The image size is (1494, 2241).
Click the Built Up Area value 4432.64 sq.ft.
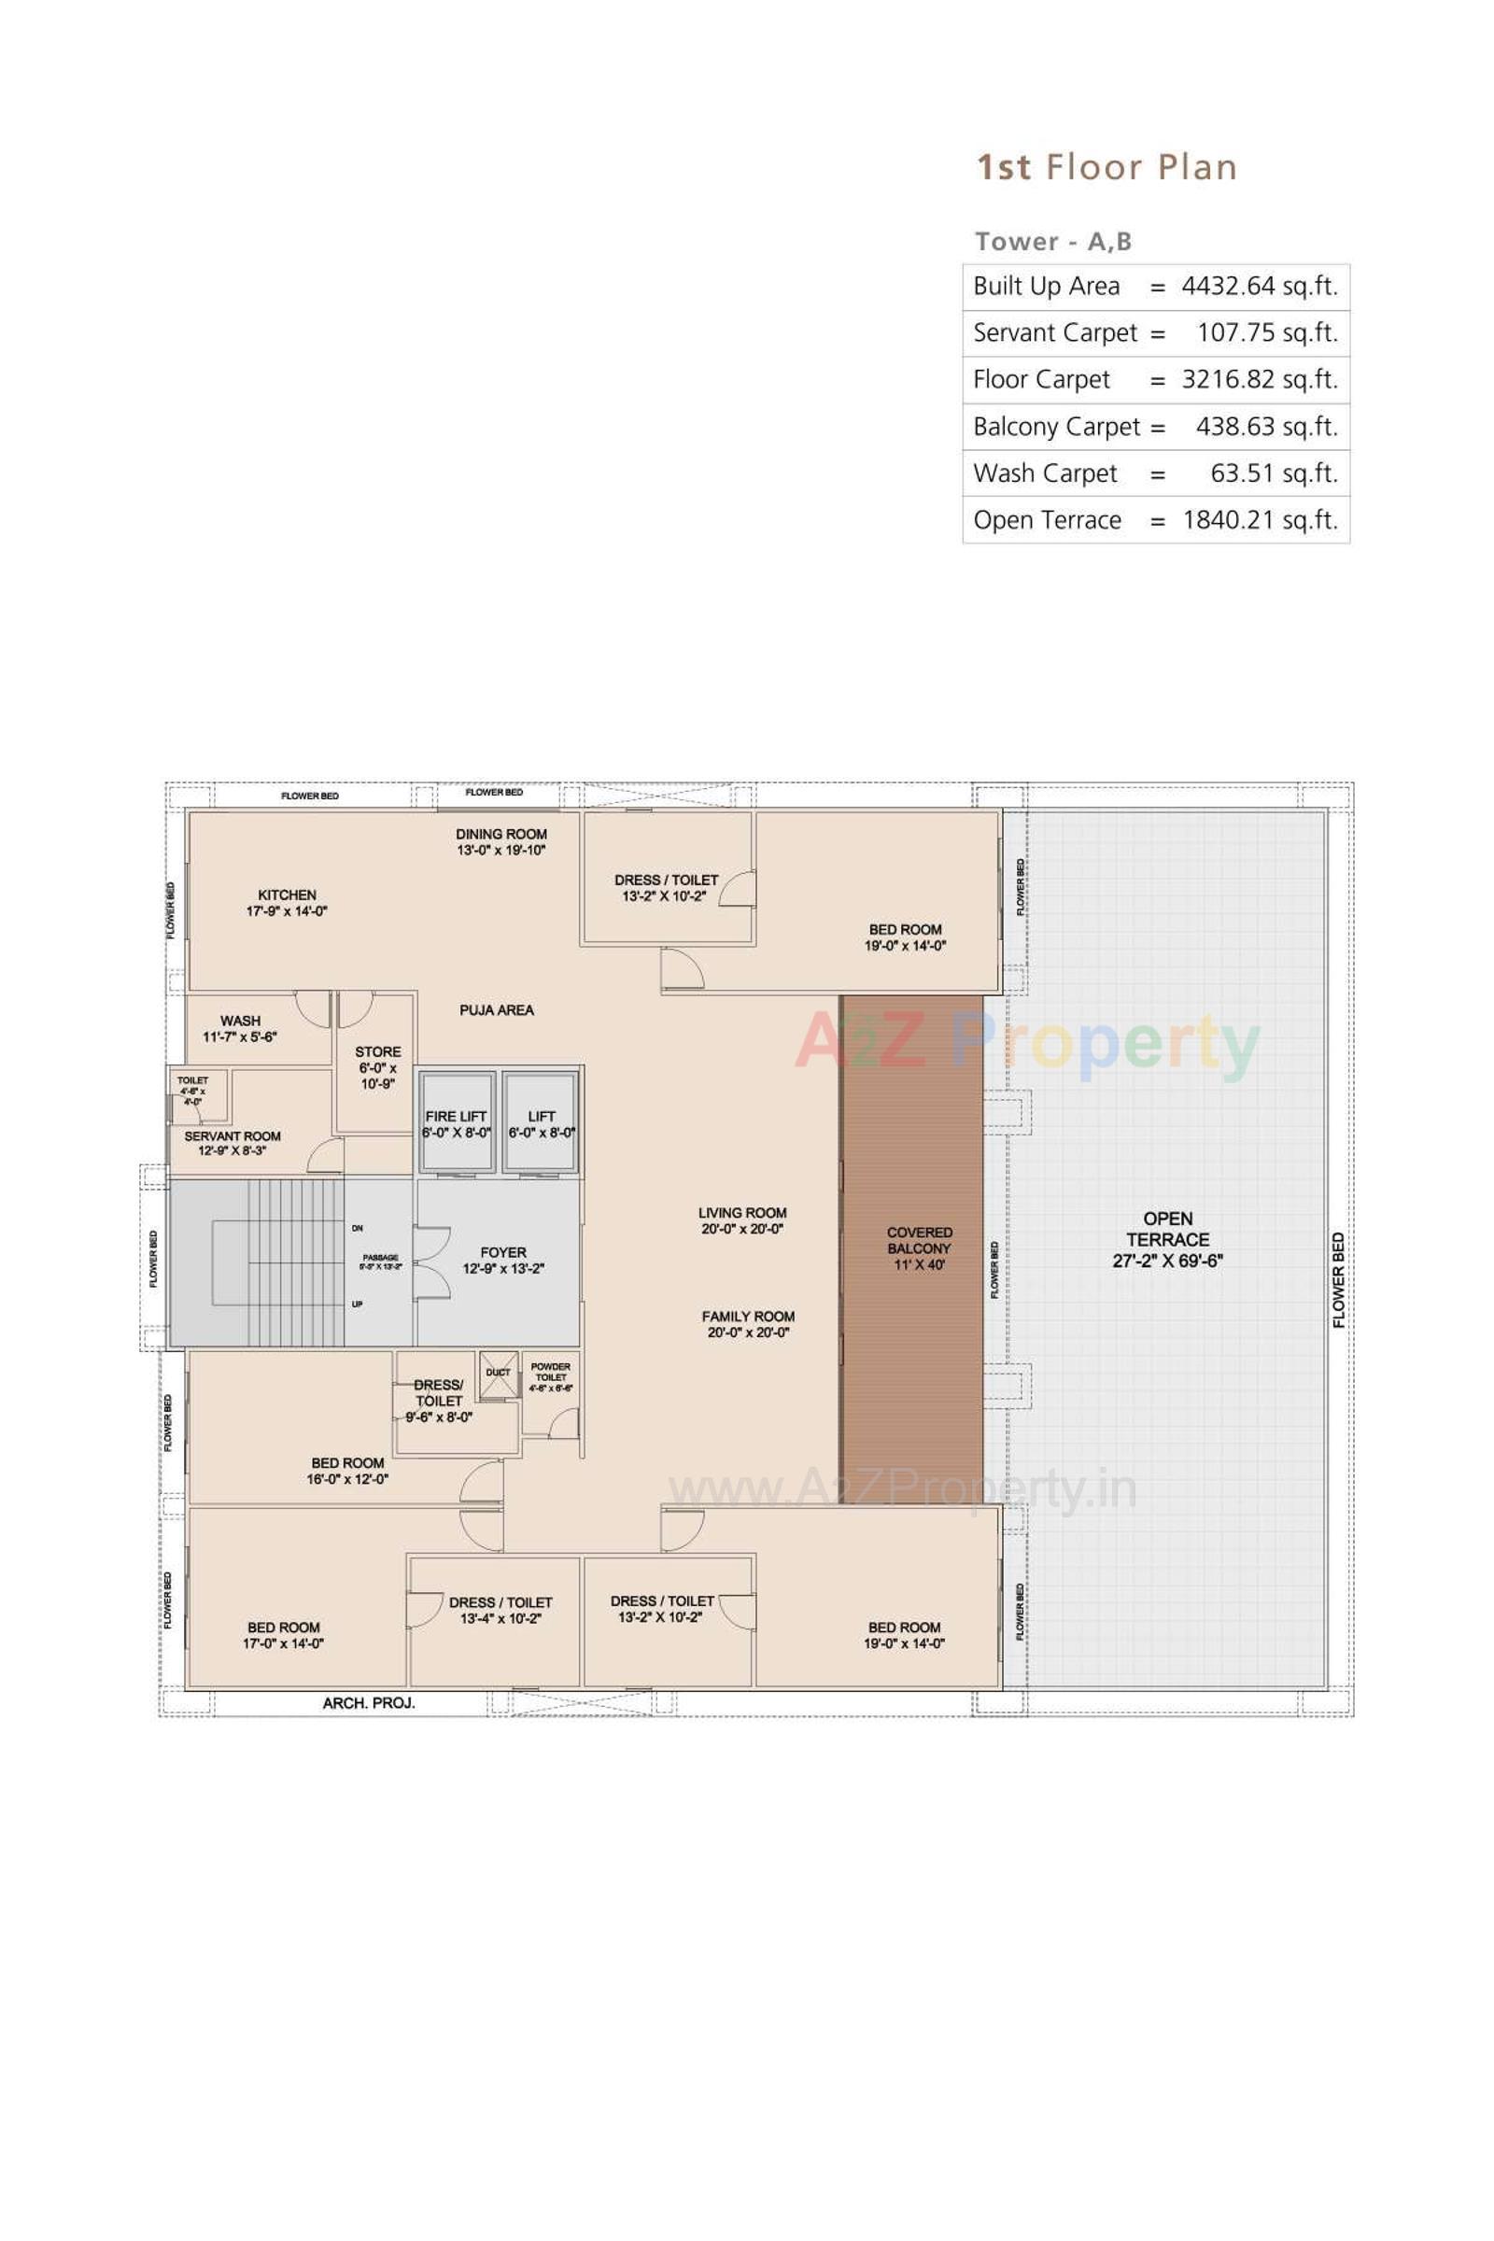click(x=1259, y=287)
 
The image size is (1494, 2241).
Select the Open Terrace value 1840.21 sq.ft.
click(x=1259, y=520)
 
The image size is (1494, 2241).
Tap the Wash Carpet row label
click(x=1044, y=473)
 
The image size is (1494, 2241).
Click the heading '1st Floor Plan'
click(x=1106, y=168)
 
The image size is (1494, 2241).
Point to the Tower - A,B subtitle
click(x=1053, y=242)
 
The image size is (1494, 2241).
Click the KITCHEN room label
click(x=287, y=895)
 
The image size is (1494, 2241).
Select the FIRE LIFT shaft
click(x=457, y=1123)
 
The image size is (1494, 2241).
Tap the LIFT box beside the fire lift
click(x=542, y=1123)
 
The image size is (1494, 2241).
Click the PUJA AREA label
click(x=497, y=1010)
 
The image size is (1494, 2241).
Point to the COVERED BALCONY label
click(x=919, y=1241)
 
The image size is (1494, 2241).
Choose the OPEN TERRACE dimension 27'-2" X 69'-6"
click(x=1167, y=1261)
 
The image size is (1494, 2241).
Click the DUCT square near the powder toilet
click(x=499, y=1372)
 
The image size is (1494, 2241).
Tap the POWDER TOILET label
click(x=551, y=1372)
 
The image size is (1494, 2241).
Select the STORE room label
click(x=377, y=1052)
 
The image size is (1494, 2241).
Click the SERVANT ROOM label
click(x=233, y=1135)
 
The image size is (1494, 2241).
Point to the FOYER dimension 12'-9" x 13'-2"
click(x=503, y=1268)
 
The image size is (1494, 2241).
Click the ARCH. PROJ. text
click(x=369, y=1702)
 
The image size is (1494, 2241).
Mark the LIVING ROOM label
click(x=742, y=1213)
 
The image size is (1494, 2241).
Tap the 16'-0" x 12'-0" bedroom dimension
click(x=346, y=1479)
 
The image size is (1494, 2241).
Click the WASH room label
click(x=240, y=1021)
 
